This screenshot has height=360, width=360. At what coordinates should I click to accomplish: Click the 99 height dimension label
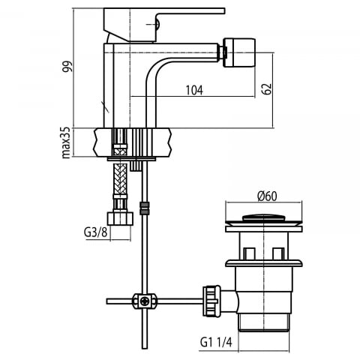(x=67, y=67)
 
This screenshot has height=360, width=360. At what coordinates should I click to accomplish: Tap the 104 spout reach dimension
(x=194, y=90)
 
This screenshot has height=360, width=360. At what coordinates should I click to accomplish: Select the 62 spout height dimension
(x=267, y=88)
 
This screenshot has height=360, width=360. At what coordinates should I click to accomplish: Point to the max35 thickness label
(x=66, y=142)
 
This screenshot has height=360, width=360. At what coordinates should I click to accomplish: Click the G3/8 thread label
(x=95, y=232)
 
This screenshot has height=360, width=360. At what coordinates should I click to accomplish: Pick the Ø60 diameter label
(x=267, y=196)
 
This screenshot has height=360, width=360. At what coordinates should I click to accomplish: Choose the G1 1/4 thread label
(x=216, y=342)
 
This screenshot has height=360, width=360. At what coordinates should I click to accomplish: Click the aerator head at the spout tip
(x=239, y=52)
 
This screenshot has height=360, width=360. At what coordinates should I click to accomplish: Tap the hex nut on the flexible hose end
(x=120, y=218)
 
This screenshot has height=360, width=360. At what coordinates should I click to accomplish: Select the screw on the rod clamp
(x=145, y=301)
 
